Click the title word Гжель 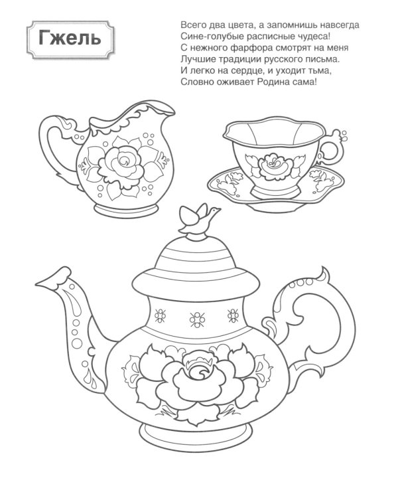point(70,39)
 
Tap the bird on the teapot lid point(199,217)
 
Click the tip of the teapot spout point(36,284)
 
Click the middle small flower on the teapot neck point(197,319)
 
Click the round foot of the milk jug point(126,210)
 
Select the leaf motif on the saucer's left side point(228,183)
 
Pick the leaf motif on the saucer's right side point(321,180)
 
